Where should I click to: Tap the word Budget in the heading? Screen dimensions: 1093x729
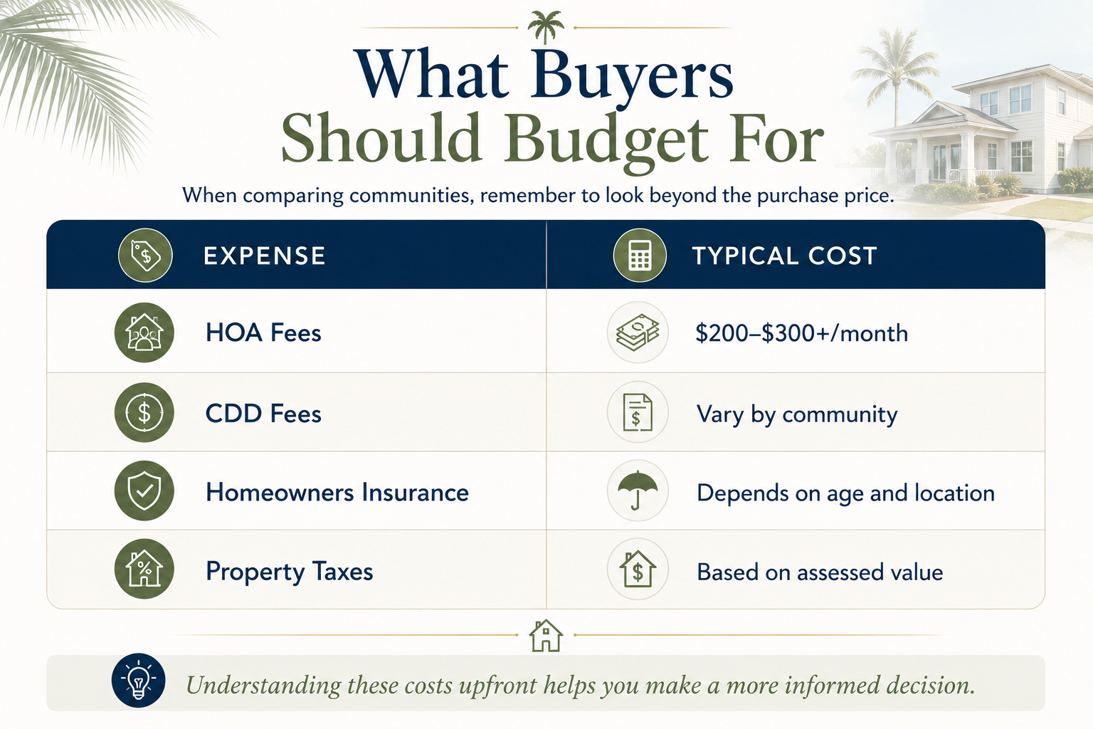click(606, 138)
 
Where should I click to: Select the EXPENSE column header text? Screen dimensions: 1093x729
click(265, 256)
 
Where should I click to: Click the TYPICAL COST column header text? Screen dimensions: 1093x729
click(785, 256)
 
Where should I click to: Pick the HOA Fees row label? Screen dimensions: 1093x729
click(263, 333)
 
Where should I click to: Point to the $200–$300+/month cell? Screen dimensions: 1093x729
click(802, 333)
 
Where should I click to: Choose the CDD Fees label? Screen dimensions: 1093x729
click(263, 414)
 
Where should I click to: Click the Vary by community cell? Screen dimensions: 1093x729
click(797, 415)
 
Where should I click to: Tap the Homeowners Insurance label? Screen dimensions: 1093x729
click(337, 492)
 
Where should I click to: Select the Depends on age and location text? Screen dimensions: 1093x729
click(845, 493)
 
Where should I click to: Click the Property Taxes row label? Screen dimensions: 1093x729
click(290, 572)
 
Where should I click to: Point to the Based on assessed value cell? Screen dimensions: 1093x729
click(820, 572)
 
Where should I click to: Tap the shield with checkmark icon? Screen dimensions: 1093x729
click(144, 491)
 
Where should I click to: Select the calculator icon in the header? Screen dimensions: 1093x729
click(640, 256)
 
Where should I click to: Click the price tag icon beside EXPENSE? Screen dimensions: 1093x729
click(145, 256)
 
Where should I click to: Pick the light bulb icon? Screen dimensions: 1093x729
click(139, 680)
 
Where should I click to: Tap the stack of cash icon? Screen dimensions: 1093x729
click(638, 332)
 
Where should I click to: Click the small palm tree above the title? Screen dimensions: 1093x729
click(546, 27)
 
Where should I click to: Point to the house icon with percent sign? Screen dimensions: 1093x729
click(144, 569)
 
